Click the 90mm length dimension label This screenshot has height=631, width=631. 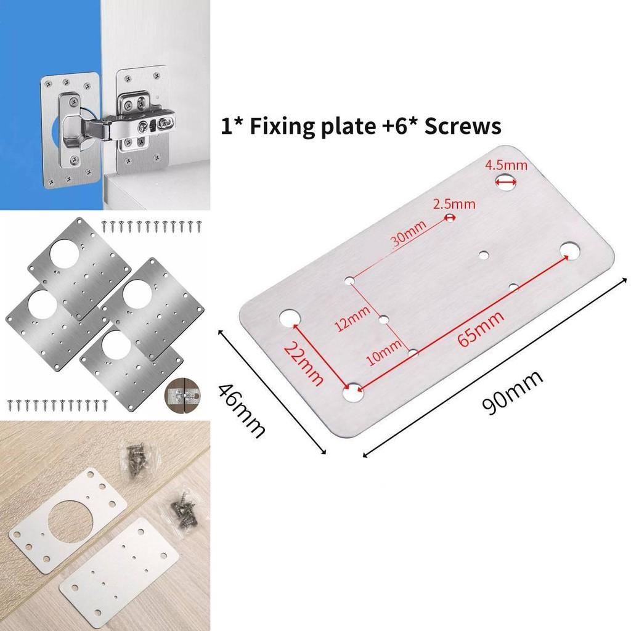point(513,393)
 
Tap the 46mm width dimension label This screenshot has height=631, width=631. point(242,408)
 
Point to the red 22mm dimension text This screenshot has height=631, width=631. point(303,364)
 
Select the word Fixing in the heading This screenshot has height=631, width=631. point(277,127)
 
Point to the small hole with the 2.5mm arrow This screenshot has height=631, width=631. point(450,218)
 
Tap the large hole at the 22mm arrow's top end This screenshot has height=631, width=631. point(287,318)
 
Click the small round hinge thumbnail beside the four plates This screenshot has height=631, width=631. point(182,392)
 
